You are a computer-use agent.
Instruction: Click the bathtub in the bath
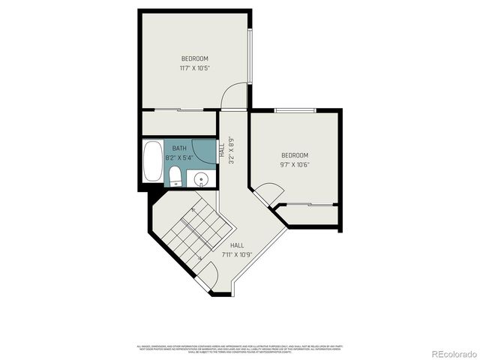(152, 162)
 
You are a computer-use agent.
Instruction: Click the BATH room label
(179, 148)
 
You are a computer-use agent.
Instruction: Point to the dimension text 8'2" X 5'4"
(179, 157)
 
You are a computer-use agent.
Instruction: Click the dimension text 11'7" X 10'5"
(194, 68)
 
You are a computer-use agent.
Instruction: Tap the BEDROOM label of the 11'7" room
(194, 58)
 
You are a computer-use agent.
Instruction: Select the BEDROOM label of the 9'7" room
(295, 156)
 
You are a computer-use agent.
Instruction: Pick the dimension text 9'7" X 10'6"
(295, 165)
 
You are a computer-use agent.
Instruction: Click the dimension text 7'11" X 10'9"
(237, 254)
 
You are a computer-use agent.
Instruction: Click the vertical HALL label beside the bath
(223, 150)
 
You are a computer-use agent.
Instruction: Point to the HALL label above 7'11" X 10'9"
(237, 245)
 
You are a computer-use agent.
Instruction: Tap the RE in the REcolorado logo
(436, 352)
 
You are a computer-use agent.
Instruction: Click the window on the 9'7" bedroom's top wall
(295, 111)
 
